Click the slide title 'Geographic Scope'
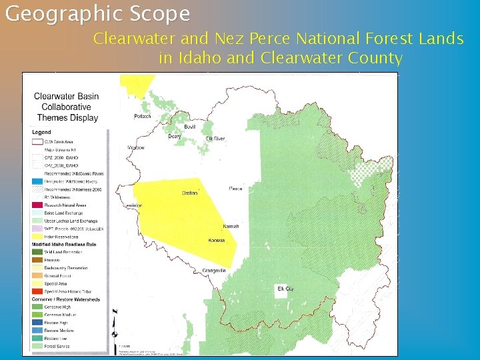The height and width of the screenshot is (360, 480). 97,13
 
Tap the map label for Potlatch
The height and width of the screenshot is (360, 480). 143,117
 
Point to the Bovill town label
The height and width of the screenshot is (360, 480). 191,127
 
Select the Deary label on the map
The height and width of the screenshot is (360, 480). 175,136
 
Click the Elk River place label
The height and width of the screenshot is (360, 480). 215,139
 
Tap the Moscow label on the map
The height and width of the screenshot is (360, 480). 136,147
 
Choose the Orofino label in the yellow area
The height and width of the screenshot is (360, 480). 189,194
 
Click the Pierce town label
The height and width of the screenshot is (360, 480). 236,189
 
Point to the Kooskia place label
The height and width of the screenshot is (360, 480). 216,240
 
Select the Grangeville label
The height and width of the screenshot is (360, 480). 215,270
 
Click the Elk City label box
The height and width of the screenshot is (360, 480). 285,289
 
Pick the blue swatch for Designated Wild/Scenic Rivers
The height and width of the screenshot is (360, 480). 37,181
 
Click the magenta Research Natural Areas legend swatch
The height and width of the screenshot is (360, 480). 37,205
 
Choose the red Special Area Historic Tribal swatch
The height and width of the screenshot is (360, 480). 37,291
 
